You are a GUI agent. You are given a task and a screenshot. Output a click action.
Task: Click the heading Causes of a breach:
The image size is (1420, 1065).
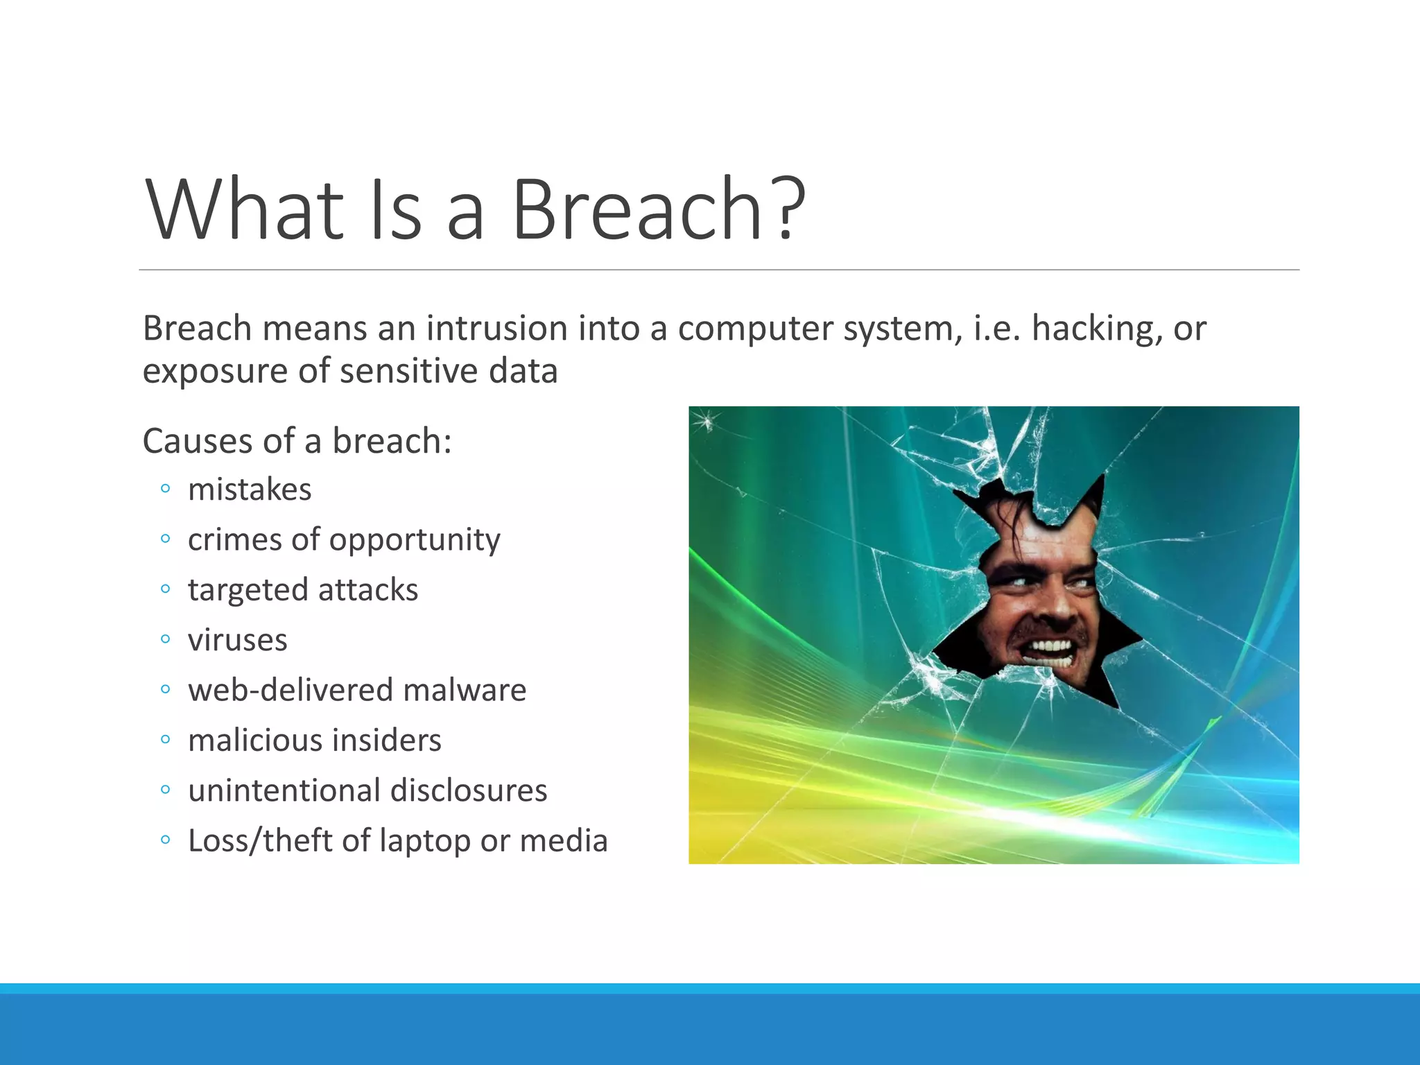click(x=297, y=441)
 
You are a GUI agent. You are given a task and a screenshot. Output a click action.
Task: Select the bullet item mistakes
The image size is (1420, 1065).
click(x=250, y=490)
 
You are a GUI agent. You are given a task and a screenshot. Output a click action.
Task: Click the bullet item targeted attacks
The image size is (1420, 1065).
click(x=303, y=590)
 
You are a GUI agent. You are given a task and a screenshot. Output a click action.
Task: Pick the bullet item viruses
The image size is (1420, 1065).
click(x=237, y=640)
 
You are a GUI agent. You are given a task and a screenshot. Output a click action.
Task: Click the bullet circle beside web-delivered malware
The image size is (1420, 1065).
click(x=164, y=690)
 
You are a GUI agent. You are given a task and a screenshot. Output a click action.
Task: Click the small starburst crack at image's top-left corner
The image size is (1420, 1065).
click(x=706, y=420)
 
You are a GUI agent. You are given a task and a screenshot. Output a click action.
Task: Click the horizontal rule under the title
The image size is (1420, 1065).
click(x=718, y=270)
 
